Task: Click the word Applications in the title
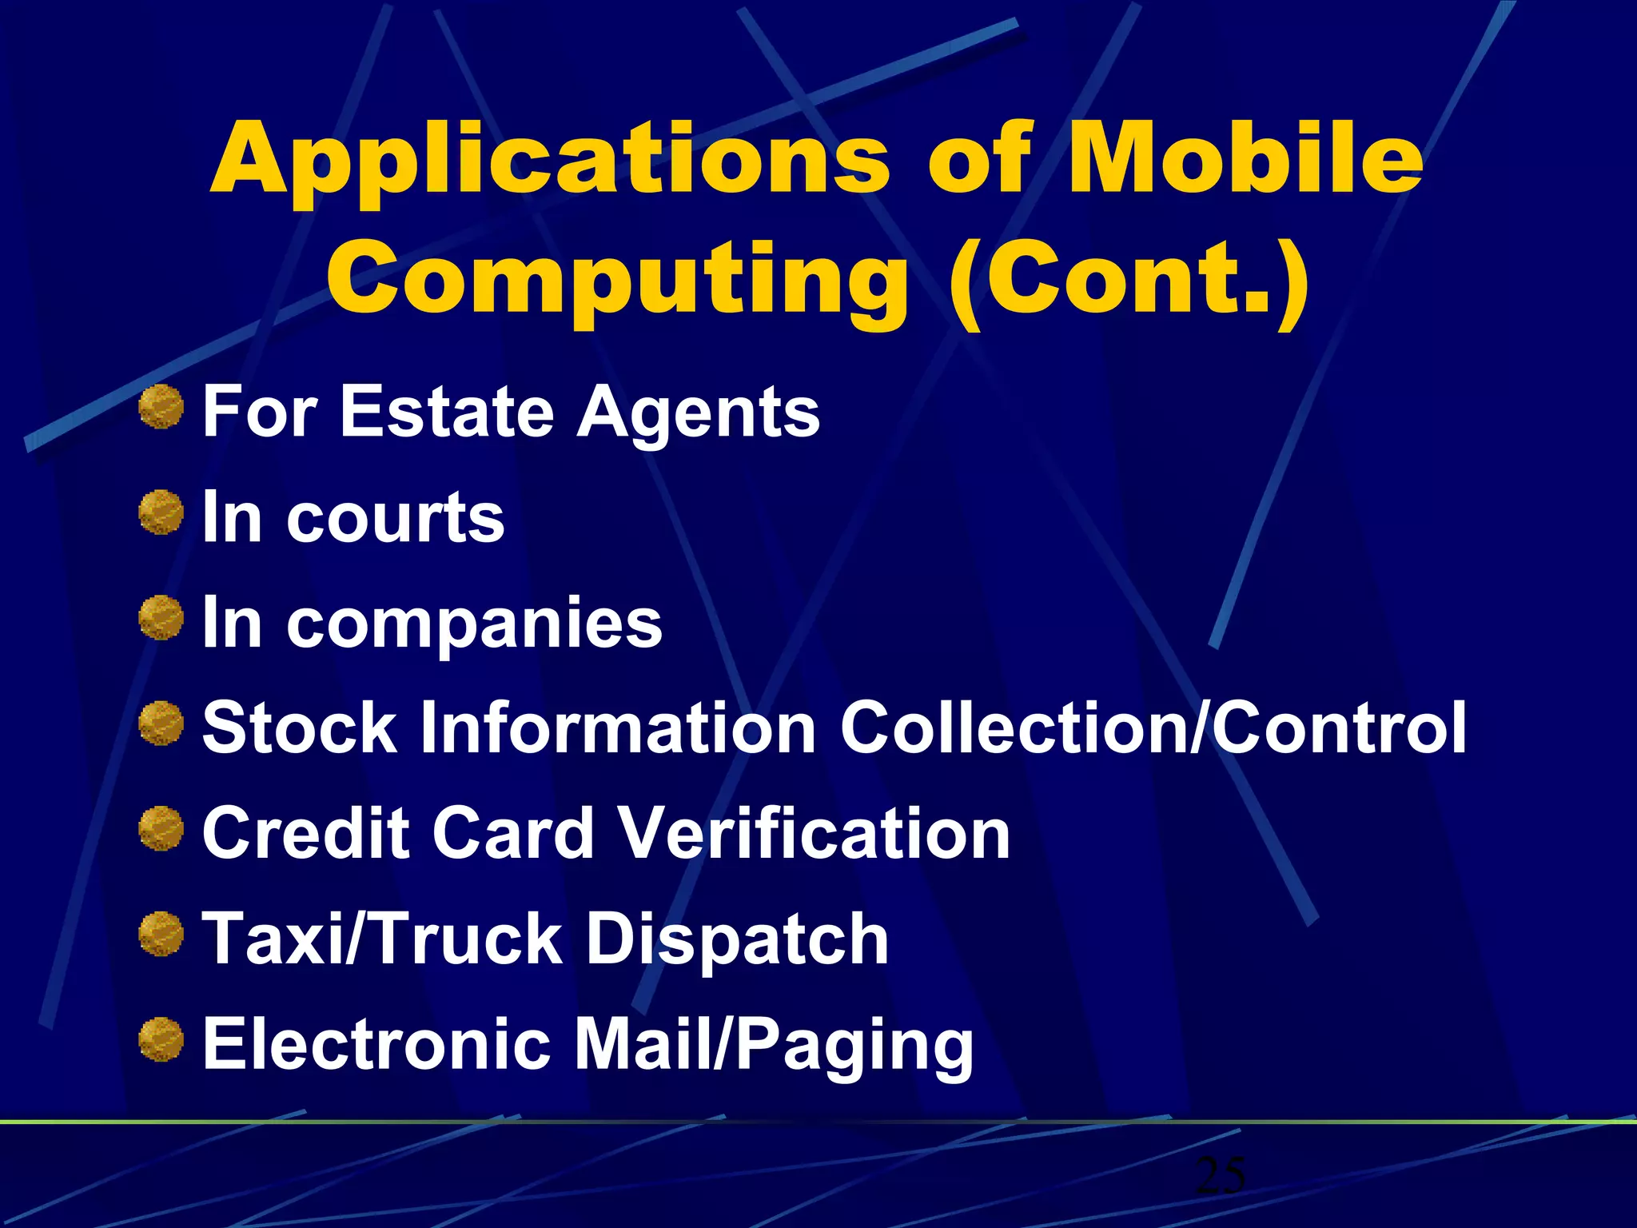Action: click(550, 160)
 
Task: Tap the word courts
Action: click(396, 518)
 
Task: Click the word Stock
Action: click(300, 728)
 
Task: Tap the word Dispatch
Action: click(736, 940)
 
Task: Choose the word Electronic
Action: click(376, 1044)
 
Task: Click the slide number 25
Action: click(1221, 1174)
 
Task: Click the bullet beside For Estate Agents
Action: click(161, 407)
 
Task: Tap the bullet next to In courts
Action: click(161, 512)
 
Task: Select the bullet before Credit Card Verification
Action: click(161, 828)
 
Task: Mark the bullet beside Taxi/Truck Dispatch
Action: click(161, 934)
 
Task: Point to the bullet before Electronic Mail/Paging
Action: click(161, 1039)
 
